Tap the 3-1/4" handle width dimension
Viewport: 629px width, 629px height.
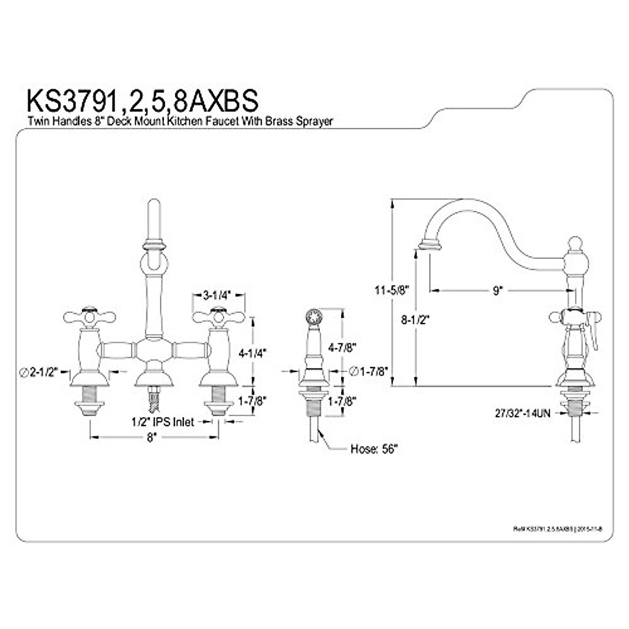218,295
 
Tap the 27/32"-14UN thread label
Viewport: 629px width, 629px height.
522,413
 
